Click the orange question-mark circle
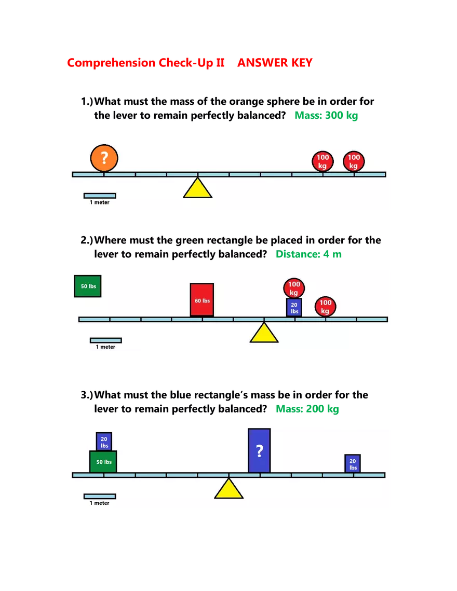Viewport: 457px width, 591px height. point(104,158)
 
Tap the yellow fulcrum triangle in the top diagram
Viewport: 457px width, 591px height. point(197,189)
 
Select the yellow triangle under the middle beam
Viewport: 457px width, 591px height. point(264,334)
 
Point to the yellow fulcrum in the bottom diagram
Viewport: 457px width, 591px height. point(228,489)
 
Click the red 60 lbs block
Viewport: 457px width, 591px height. point(202,300)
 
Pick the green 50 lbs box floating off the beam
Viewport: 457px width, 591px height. point(88,286)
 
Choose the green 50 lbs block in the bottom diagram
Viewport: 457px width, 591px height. point(103,462)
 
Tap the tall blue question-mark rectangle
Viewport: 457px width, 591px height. point(259,450)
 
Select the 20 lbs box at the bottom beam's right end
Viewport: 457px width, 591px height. point(353,464)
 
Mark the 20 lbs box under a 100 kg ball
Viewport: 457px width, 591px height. point(294,308)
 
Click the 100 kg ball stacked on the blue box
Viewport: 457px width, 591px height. point(294,288)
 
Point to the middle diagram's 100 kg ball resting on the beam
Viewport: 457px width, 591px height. point(325,307)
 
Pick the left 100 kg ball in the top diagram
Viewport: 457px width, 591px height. point(322,161)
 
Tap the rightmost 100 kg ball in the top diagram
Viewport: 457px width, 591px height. point(354,161)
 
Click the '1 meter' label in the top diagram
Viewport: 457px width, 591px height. point(100,202)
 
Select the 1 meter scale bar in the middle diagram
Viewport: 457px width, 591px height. point(105,340)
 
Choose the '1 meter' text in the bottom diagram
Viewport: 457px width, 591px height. point(100,503)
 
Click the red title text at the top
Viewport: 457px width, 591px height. point(190,63)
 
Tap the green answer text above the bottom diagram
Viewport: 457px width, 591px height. point(307,409)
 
